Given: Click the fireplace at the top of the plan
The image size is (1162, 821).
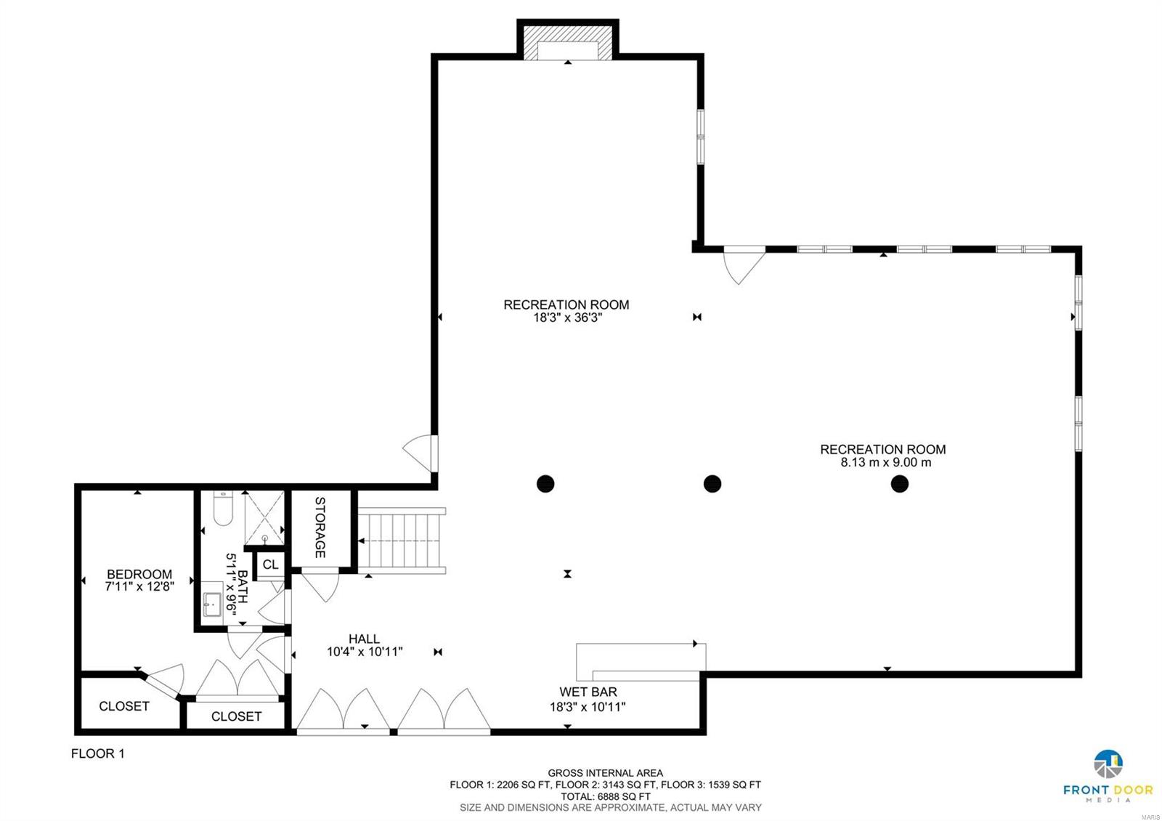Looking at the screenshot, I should tap(567, 44).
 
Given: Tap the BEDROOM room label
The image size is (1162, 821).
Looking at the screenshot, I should tap(139, 574).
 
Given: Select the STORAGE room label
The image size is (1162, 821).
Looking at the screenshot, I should tap(320, 527).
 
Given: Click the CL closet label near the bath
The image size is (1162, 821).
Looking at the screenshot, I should tap(270, 565).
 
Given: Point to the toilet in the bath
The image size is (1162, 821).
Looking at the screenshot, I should tap(222, 509).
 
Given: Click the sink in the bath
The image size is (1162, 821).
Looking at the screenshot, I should tap(212, 604).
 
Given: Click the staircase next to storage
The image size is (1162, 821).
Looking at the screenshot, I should tap(402, 541).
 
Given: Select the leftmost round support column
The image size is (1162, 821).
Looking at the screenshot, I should tap(545, 483).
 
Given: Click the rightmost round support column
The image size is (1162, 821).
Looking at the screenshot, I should tap(900, 483).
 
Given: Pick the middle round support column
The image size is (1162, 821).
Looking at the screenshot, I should tap(712, 483).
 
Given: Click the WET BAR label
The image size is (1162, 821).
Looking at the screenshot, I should tap(588, 692).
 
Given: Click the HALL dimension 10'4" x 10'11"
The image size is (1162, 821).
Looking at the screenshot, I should tap(365, 652).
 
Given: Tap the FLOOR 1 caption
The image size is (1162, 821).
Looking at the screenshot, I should tap(97, 753).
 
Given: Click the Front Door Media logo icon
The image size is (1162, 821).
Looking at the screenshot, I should tap(1108, 764).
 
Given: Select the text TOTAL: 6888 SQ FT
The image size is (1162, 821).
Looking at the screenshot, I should tap(605, 796).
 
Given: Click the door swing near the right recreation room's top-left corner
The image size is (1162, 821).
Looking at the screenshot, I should tap(744, 264).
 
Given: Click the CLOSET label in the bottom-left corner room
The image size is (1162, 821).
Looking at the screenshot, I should tap(124, 705).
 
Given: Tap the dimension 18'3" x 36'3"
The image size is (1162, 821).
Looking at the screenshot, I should tap(566, 317).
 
